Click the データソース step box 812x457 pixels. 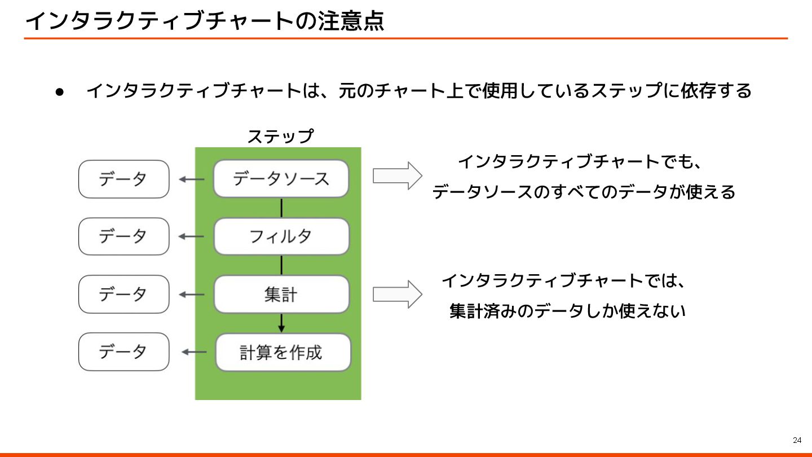tap(281, 179)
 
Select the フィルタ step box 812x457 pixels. tap(281, 236)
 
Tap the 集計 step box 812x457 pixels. tap(281, 295)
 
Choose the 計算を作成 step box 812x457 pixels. tap(283, 353)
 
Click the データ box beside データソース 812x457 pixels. tap(123, 179)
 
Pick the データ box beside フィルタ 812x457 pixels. tap(123, 236)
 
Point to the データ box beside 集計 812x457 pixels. tap(123, 295)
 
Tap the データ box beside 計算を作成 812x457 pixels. tap(123, 352)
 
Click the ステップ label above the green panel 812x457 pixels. tap(280, 137)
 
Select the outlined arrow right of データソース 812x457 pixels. tap(397, 176)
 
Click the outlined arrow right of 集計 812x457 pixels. tap(397, 294)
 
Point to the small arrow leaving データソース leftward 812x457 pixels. tap(191, 179)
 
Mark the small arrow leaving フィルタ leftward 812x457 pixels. tap(191, 236)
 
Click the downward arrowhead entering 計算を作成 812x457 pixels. tap(281, 328)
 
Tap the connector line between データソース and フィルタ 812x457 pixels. tap(281, 208)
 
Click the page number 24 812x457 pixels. tap(797, 440)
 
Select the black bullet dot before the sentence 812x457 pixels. tap(59, 91)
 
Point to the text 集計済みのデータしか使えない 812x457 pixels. tap(567, 311)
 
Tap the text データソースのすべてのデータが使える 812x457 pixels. tap(584, 192)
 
